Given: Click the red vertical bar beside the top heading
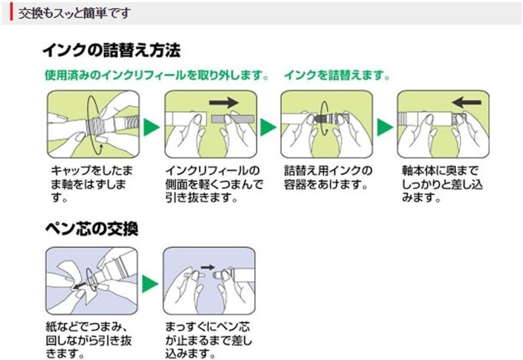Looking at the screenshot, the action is click(11, 12).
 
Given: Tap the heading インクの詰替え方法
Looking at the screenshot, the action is click(112, 50).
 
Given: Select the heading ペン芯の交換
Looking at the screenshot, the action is click(92, 228).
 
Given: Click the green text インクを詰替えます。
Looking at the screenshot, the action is click(337, 75).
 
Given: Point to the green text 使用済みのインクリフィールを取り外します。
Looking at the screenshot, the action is click(156, 75).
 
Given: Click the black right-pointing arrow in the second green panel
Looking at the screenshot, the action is click(224, 103).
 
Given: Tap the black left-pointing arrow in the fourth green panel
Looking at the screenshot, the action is click(466, 103).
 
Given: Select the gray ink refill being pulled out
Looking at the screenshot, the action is click(233, 119).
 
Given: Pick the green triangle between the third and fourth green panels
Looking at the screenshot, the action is click(385, 127).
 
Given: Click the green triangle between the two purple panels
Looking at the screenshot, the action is click(150, 284).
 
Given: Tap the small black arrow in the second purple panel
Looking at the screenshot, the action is click(208, 267).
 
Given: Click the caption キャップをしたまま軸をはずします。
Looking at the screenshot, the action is click(92, 184).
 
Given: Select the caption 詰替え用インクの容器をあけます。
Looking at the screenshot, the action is click(328, 177).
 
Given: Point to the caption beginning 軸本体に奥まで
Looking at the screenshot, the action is click(442, 184).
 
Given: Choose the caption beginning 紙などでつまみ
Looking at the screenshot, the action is click(89, 340).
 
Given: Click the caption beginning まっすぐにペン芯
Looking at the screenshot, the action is click(208, 340).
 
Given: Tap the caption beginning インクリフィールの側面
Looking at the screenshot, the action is click(215, 184).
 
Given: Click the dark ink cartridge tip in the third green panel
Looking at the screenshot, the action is click(320, 119).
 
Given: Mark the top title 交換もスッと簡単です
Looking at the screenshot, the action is click(74, 13).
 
